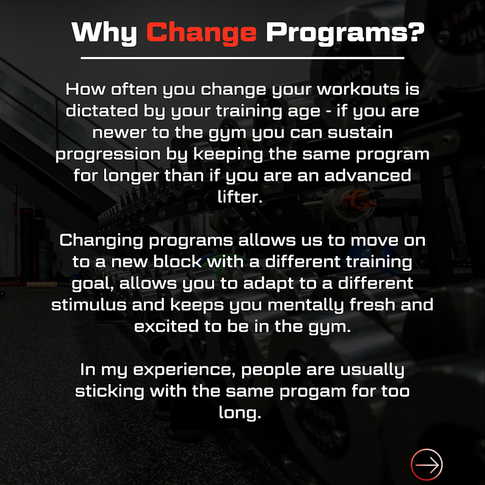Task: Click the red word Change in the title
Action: pyautogui.click(x=201, y=32)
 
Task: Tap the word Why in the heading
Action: pyautogui.click(x=104, y=32)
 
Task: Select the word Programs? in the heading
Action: pyautogui.click(x=344, y=32)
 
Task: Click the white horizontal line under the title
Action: pyautogui.click(x=242, y=58)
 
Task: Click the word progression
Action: pyautogui.click(x=108, y=154)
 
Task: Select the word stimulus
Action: pyautogui.click(x=89, y=305)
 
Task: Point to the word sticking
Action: pyautogui.click(x=110, y=391)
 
